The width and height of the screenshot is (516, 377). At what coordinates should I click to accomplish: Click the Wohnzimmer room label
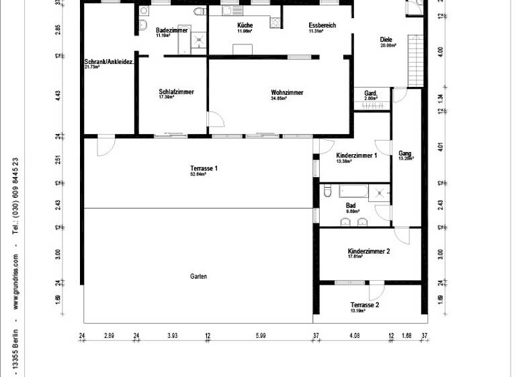(x=287, y=92)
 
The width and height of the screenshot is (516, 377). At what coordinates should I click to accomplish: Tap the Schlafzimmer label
(x=176, y=92)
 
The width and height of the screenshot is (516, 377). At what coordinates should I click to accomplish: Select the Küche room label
(x=245, y=26)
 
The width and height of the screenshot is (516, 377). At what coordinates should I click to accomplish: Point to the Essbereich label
(x=322, y=26)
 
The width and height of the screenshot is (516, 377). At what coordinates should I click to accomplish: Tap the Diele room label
(x=386, y=39)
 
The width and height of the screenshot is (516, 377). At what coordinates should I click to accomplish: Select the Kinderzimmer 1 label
(x=356, y=156)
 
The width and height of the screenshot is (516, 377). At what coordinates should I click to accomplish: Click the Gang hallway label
(x=404, y=153)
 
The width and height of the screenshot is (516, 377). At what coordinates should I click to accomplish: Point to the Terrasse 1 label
(x=204, y=168)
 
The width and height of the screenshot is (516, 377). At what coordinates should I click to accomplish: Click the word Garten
(x=198, y=277)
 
